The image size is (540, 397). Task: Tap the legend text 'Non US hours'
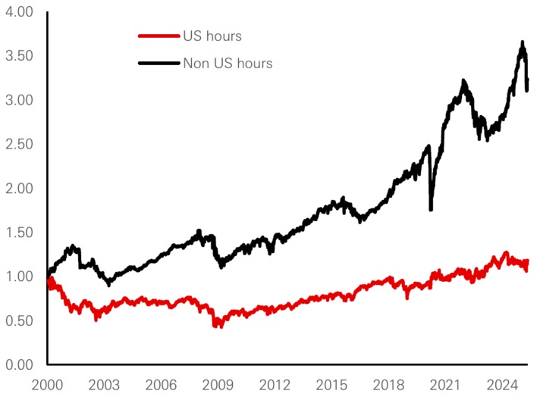coord(228,63)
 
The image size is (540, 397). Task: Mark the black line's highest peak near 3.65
coord(523,43)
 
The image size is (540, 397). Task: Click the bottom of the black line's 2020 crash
coord(431,209)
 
